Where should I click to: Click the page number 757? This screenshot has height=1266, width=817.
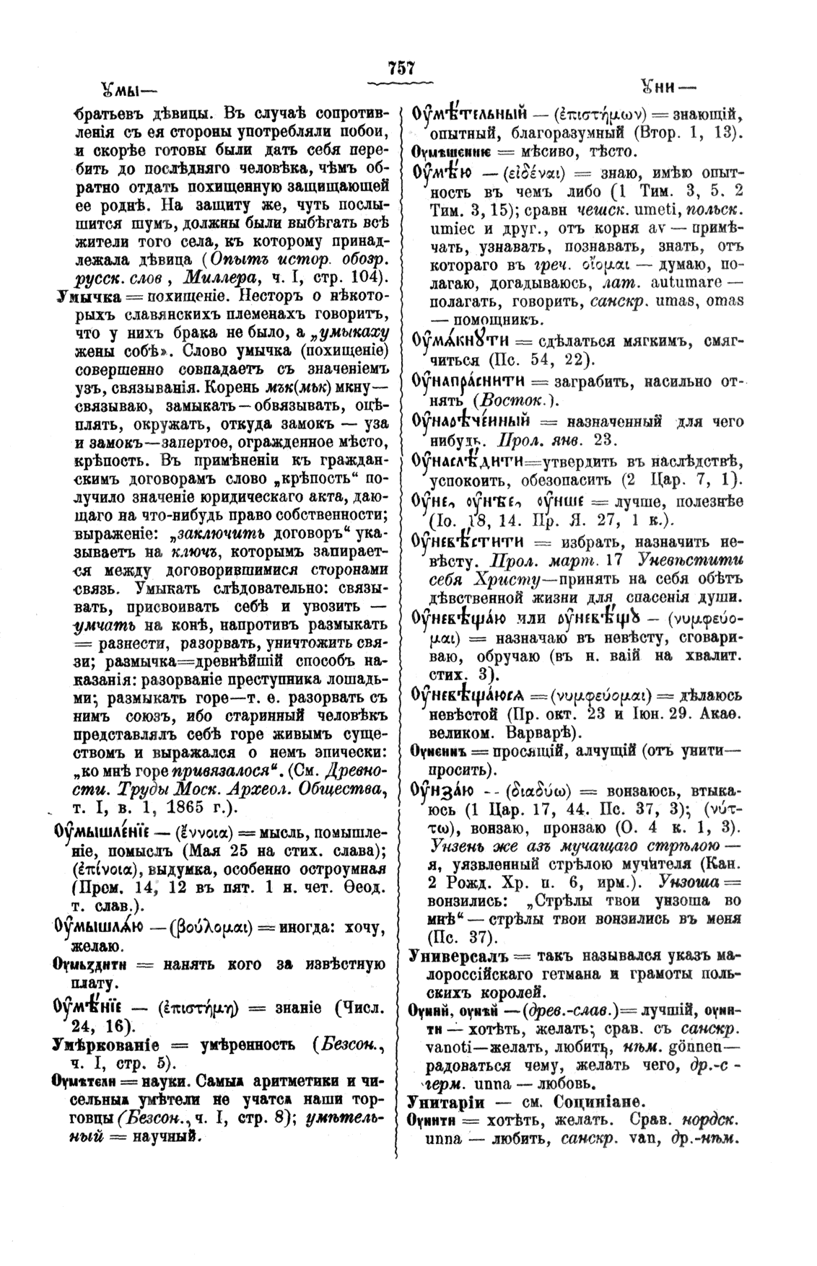point(401,69)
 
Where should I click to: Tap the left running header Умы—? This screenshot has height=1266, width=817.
point(120,92)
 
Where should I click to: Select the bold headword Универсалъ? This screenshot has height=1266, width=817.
point(450,957)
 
